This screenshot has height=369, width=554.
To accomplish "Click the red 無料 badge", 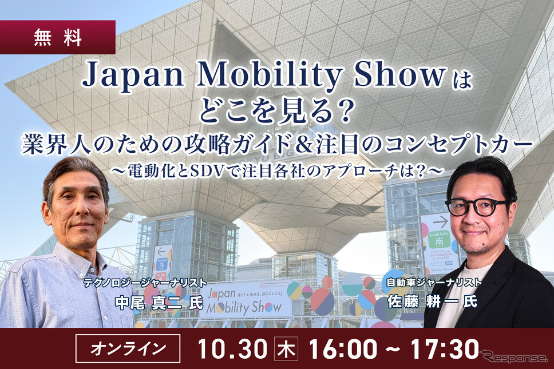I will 57,38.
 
